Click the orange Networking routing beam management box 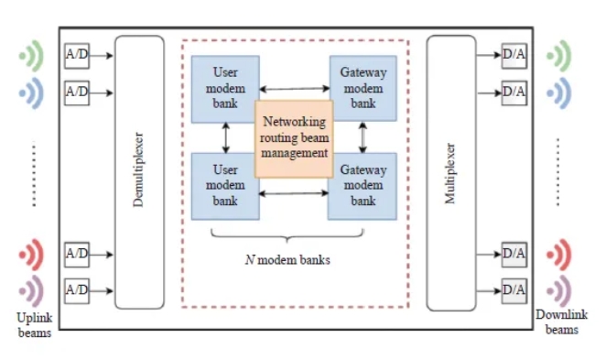point(294,139)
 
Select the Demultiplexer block point(139,172)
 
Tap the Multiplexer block point(451,173)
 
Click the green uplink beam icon point(31,56)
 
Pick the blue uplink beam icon point(31,93)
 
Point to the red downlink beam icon point(558,255)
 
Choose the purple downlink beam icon point(558,291)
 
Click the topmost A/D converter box point(77,56)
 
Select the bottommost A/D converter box point(77,290)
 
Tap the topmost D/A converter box point(514,56)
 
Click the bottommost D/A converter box point(514,290)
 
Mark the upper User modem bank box point(225,89)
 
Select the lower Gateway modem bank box point(363,186)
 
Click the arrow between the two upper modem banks point(295,89)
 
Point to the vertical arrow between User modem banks point(226,137)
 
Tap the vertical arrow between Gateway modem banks point(363,137)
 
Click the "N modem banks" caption point(287,260)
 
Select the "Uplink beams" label point(35,325)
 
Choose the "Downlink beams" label point(561,322)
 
